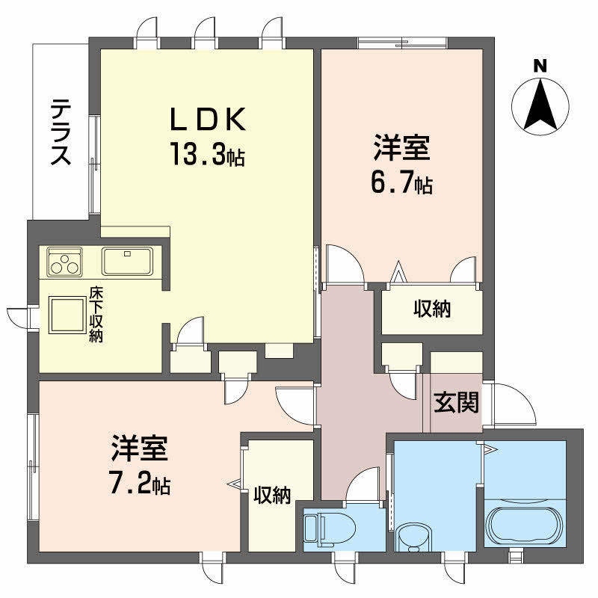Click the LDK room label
coord(207,119)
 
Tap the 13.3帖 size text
coord(208,154)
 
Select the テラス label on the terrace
coord(61,132)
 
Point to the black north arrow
coord(540,104)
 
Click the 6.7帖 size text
coord(401,184)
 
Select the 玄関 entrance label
coord(456,402)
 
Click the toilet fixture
coord(330,528)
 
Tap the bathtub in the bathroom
coord(525,525)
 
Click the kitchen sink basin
coord(127,261)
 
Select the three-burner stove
coord(64,262)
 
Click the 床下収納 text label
coord(96,314)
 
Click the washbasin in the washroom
coord(413,537)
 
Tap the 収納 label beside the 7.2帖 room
coord(272,495)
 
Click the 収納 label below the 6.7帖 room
coord(432,309)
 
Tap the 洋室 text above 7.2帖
coord(140,447)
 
